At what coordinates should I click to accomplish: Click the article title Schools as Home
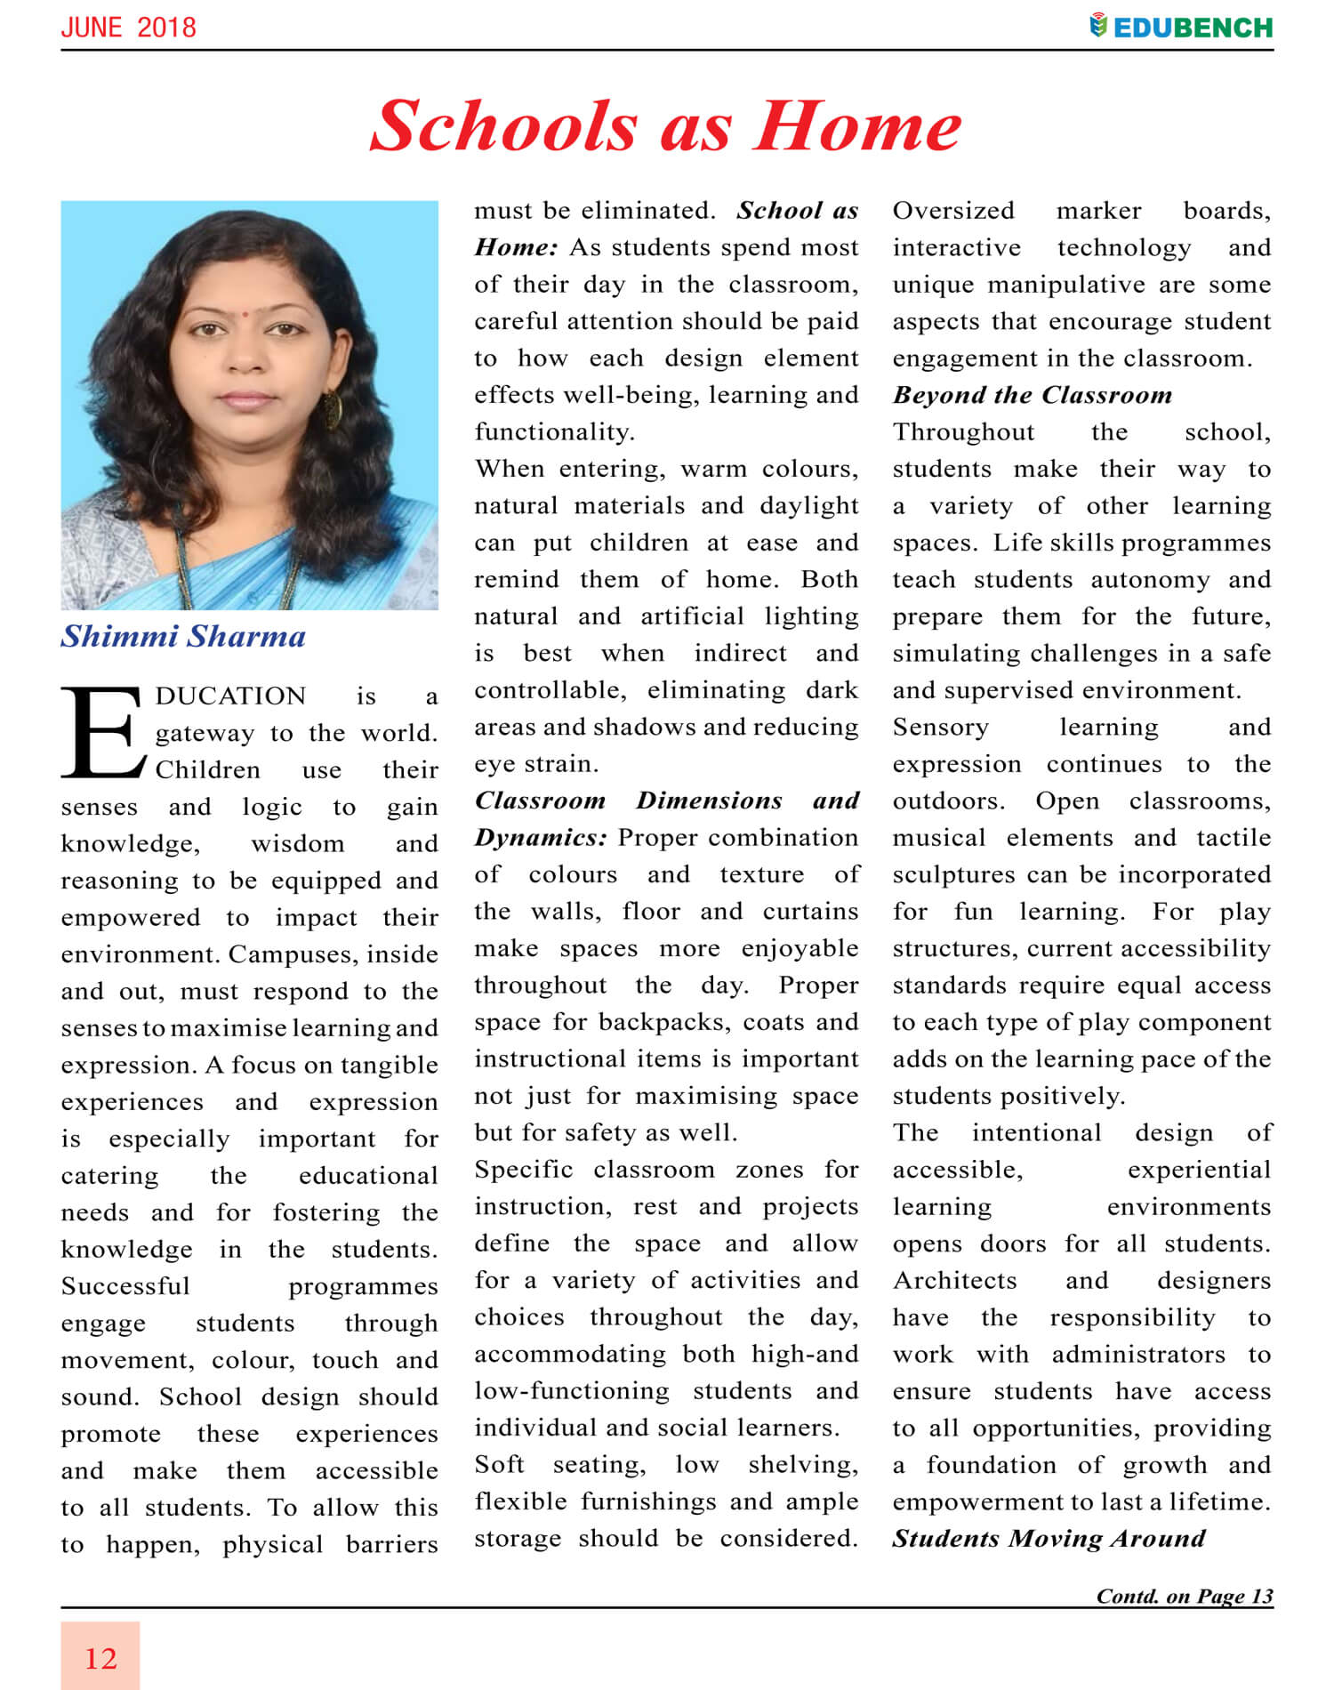[x=665, y=126]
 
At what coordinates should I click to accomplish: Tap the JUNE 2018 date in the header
[x=128, y=27]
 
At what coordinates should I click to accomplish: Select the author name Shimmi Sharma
[x=183, y=637]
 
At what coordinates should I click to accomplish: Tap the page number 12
[x=100, y=1659]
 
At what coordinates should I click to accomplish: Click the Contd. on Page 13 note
[x=1185, y=1596]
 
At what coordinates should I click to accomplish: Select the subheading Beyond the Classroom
[x=1032, y=395]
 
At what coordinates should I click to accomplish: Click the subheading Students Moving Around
[x=1049, y=1539]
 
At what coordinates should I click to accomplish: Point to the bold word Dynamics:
[x=541, y=838]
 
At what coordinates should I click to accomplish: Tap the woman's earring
[x=332, y=409]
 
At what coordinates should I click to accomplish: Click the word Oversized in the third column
[x=953, y=211]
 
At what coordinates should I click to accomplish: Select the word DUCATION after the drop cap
[x=230, y=696]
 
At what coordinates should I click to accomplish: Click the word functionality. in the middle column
[x=554, y=432]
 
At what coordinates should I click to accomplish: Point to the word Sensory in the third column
[x=940, y=728]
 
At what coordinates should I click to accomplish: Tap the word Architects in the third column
[x=954, y=1281]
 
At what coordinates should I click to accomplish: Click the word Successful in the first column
[x=125, y=1287]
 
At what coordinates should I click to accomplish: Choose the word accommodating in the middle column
[x=569, y=1355]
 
